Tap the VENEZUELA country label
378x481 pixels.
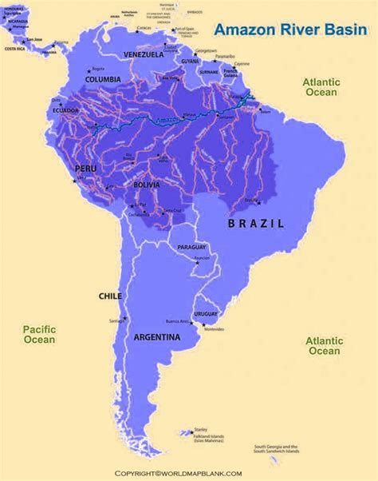click(x=143, y=54)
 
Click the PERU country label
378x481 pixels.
click(x=85, y=169)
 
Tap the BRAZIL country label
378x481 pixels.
click(x=256, y=225)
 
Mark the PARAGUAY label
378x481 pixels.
click(x=192, y=248)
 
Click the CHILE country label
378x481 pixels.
click(x=110, y=296)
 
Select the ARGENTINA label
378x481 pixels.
click(x=156, y=338)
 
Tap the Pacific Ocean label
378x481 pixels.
click(x=38, y=334)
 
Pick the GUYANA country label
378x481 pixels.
click(x=189, y=61)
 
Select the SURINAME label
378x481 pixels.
click(x=207, y=70)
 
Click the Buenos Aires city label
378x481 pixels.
click(x=177, y=321)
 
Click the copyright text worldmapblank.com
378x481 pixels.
click(x=188, y=474)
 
